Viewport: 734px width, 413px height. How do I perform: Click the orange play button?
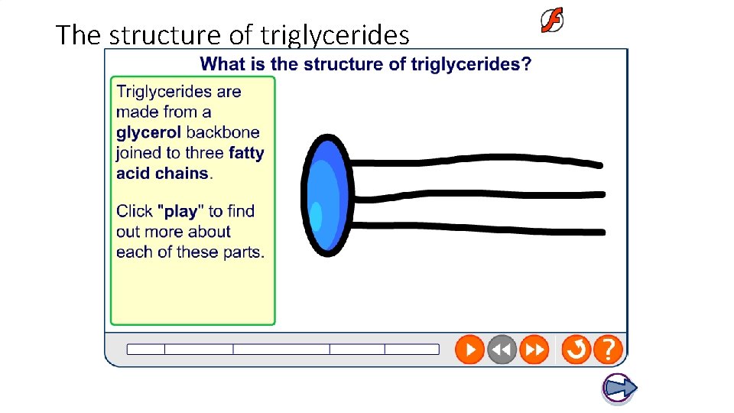pos(469,350)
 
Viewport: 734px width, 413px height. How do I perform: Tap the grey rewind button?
pos(502,350)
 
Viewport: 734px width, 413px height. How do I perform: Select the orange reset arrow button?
pos(576,350)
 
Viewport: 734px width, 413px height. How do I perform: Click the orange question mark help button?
pos(608,350)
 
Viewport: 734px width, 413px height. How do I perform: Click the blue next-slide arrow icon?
pos(619,389)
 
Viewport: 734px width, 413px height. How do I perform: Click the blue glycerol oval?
pos(326,195)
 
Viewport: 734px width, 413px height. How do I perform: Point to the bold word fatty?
pos(246,153)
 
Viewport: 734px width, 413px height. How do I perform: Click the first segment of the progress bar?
pos(146,350)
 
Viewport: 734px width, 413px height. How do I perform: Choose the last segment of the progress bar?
pos(412,350)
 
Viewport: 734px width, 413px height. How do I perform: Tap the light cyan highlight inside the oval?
pos(316,216)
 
